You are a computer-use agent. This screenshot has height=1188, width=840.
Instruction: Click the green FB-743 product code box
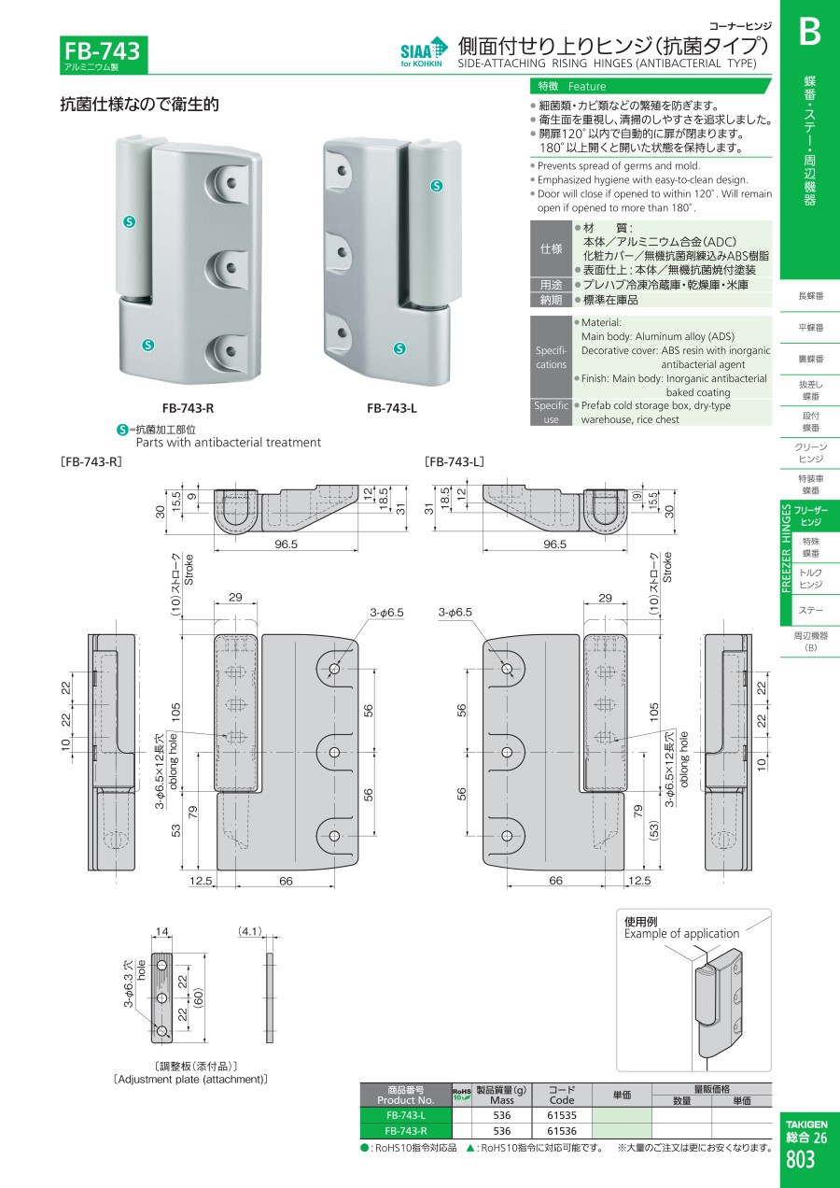(104, 54)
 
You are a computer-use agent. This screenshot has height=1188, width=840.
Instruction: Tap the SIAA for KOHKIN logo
(424, 51)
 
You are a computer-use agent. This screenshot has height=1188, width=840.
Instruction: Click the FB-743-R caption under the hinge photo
(188, 408)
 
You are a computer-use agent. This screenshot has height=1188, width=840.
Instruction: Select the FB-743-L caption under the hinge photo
(392, 408)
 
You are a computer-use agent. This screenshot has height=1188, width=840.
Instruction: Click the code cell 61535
(561, 1115)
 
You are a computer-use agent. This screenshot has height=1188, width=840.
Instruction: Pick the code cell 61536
(561, 1130)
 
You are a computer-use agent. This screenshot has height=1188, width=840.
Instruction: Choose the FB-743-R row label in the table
(405, 1130)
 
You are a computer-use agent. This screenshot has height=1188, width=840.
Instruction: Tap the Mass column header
(501, 1096)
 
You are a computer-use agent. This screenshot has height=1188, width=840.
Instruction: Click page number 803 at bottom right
(801, 1159)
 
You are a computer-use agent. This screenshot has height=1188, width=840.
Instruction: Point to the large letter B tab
(809, 32)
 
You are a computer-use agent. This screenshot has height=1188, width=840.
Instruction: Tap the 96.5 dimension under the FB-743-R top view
(286, 544)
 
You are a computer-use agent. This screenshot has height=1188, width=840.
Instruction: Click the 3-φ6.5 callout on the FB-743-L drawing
(455, 612)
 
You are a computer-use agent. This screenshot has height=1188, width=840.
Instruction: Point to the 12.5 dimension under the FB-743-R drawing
(201, 881)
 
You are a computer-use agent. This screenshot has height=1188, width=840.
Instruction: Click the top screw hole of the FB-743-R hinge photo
(231, 183)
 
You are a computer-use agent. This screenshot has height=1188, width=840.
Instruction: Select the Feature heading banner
(651, 86)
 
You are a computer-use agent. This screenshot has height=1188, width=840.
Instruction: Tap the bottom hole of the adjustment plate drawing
(162, 1031)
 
